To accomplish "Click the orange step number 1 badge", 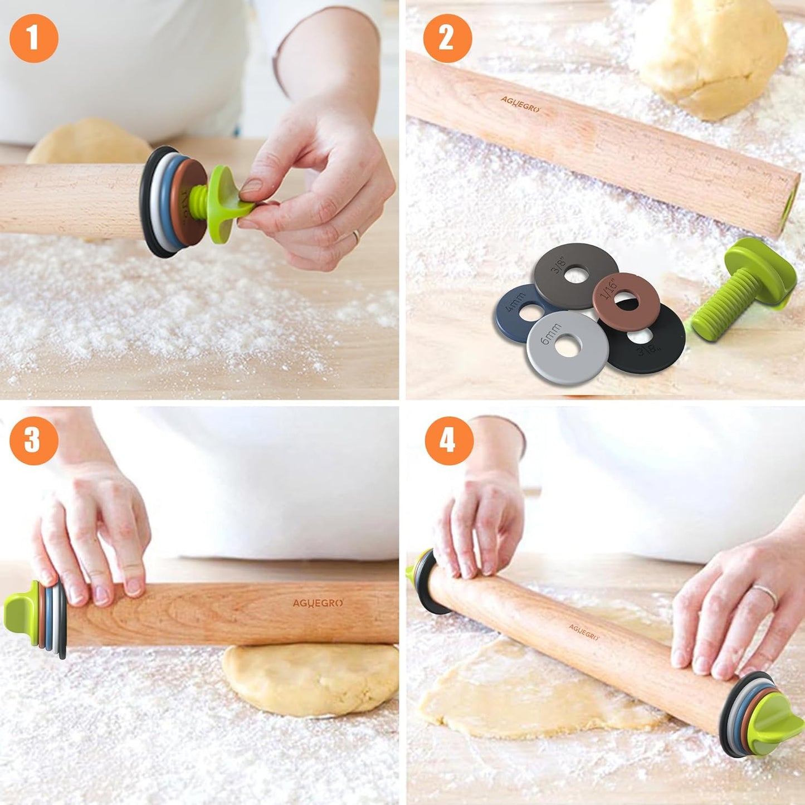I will (34, 38).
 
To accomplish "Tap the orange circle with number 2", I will (447, 38).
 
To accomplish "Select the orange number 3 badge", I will (34, 440).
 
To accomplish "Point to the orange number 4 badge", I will (449, 441).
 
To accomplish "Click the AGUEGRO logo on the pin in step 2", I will (520, 104).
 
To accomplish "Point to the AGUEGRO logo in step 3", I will (318, 603).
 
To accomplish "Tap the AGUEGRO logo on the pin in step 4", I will (583, 631).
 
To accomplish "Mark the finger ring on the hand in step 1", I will (355, 236).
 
